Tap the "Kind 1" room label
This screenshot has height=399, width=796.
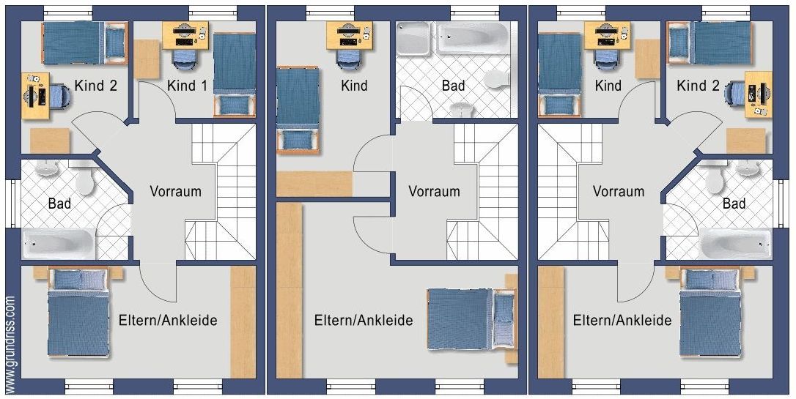[188, 86]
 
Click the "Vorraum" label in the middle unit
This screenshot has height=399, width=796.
[434, 191]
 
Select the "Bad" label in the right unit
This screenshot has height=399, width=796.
[734, 204]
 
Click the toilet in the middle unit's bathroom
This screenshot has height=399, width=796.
[496, 79]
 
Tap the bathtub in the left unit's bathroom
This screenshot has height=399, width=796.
[59, 243]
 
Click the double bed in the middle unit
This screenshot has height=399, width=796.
[471, 319]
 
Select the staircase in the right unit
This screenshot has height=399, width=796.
[572, 192]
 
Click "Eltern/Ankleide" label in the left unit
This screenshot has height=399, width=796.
[168, 321]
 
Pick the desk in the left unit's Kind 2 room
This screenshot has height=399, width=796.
[35, 96]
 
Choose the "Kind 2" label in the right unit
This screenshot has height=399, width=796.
[698, 86]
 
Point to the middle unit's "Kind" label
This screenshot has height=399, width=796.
[354, 85]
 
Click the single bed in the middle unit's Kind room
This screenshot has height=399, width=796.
[298, 110]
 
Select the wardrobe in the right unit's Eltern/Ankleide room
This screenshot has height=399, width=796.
[550, 322]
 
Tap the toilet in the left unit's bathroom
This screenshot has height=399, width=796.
[85, 179]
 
